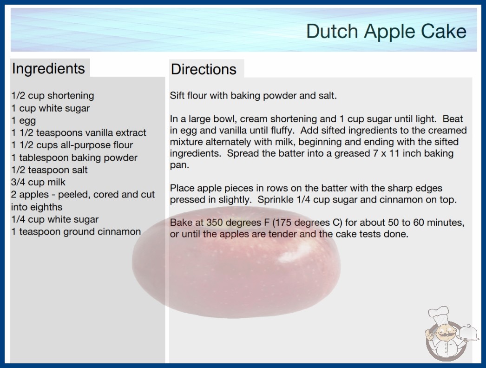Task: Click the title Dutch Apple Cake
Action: pos(386,31)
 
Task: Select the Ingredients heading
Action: pos(48,69)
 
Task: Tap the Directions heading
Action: pos(204,69)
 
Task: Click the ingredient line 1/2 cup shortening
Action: pos(53,96)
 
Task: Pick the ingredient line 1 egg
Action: pos(24,121)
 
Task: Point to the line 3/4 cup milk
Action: pos(38,182)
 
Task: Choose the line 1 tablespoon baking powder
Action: pos(74,158)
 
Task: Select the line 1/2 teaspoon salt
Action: pos(50,170)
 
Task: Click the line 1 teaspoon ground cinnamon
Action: pos(76,232)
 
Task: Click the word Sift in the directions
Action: pos(177,96)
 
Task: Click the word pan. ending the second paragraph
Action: pos(179,165)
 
